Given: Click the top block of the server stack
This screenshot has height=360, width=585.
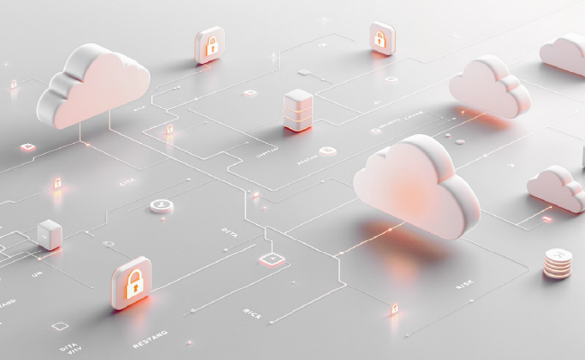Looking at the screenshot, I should (297, 98).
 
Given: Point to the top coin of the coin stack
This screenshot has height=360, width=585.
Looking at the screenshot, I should (558, 256).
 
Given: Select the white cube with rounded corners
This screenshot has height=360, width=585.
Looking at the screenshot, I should (49, 233).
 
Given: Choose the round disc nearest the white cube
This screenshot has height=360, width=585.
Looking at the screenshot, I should (161, 205).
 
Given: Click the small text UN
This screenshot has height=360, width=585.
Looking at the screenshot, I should (38, 274).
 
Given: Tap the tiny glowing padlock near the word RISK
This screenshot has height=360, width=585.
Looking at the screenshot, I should (393, 309).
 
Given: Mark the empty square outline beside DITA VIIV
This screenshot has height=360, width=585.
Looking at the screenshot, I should (59, 326).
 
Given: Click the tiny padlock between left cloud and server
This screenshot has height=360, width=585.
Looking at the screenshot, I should (169, 129).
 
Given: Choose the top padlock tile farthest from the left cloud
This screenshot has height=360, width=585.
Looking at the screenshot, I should (382, 38).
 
